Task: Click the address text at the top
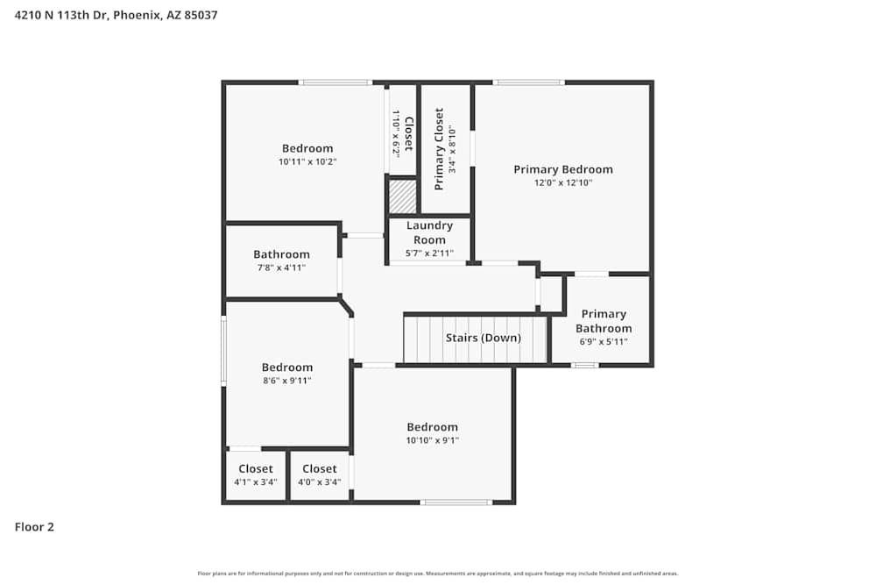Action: [x=117, y=15]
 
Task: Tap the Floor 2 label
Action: [x=34, y=527]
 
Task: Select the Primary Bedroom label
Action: [x=562, y=169]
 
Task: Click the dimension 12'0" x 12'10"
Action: [x=563, y=183]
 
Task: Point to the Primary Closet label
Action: [x=439, y=149]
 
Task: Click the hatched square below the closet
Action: [x=402, y=196]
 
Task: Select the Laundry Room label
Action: [x=429, y=232]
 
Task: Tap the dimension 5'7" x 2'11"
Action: [x=429, y=253]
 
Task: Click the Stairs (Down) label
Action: [x=483, y=338]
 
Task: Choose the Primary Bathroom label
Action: [x=604, y=321]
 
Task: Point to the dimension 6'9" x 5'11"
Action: [x=604, y=342]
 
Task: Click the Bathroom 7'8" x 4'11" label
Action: [x=281, y=254]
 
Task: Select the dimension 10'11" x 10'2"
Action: [x=307, y=162]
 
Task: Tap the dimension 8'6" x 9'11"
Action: [x=286, y=381]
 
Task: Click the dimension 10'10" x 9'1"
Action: [x=432, y=440]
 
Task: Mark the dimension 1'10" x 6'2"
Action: [x=396, y=133]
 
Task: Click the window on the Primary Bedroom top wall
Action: [x=528, y=82]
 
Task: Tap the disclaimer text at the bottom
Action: [x=438, y=574]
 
